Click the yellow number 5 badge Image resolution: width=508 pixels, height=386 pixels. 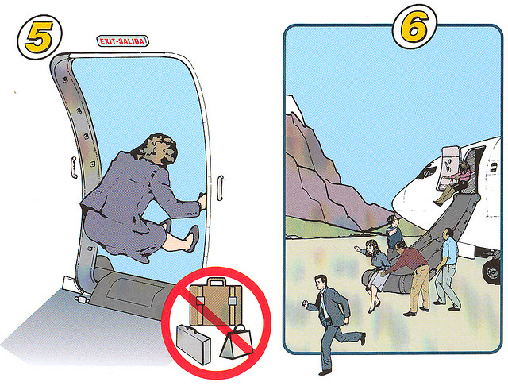point(39,37)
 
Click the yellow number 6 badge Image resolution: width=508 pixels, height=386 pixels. point(414,26)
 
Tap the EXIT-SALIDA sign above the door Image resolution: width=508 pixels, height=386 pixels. point(122,41)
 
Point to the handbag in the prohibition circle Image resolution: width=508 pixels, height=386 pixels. point(237,342)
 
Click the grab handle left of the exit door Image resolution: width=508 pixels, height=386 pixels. point(74,168)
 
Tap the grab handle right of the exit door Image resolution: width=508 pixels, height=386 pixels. point(220,187)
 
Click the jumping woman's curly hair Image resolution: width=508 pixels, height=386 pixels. point(158,150)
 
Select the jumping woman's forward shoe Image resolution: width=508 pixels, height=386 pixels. point(191,238)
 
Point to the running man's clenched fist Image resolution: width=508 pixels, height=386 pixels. point(305,303)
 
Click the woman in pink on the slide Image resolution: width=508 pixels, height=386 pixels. point(453,183)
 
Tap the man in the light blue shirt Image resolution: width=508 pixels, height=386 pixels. point(448,269)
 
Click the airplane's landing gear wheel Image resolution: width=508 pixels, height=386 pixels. point(492,272)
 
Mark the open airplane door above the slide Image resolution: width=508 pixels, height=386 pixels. point(448,168)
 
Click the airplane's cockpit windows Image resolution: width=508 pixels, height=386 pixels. point(428,172)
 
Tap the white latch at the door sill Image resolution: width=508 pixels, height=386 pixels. point(81,299)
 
